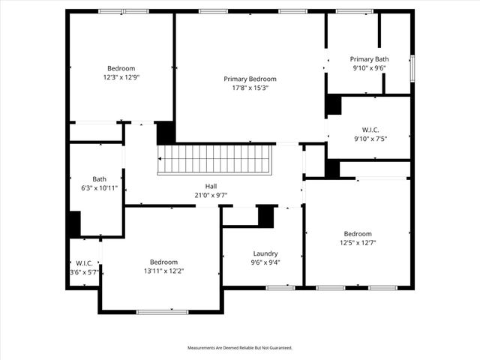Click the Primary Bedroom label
pyautogui.click(x=250, y=79)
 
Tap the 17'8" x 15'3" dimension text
pyautogui.click(x=250, y=88)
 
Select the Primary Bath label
pyautogui.click(x=369, y=59)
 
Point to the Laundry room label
pyautogui.click(x=265, y=253)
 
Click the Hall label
pyautogui.click(x=211, y=186)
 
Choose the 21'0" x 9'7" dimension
pyautogui.click(x=211, y=195)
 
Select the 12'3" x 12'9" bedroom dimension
pyautogui.click(x=121, y=76)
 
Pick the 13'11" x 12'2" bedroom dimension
pyautogui.click(x=163, y=271)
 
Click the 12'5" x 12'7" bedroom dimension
pyautogui.click(x=358, y=242)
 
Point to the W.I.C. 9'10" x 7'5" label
pyautogui.click(x=370, y=130)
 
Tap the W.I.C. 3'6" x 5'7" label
pyautogui.click(x=83, y=263)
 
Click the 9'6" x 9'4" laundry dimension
pyautogui.click(x=265, y=262)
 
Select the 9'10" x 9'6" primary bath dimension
pyautogui.click(x=369, y=68)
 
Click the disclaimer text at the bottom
pyautogui.click(x=239, y=348)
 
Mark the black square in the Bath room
pyautogui.click(x=74, y=224)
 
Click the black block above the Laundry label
pyautogui.click(x=265, y=216)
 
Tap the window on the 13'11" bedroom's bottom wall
pyautogui.click(x=162, y=311)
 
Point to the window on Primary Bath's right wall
pyautogui.click(x=412, y=68)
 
